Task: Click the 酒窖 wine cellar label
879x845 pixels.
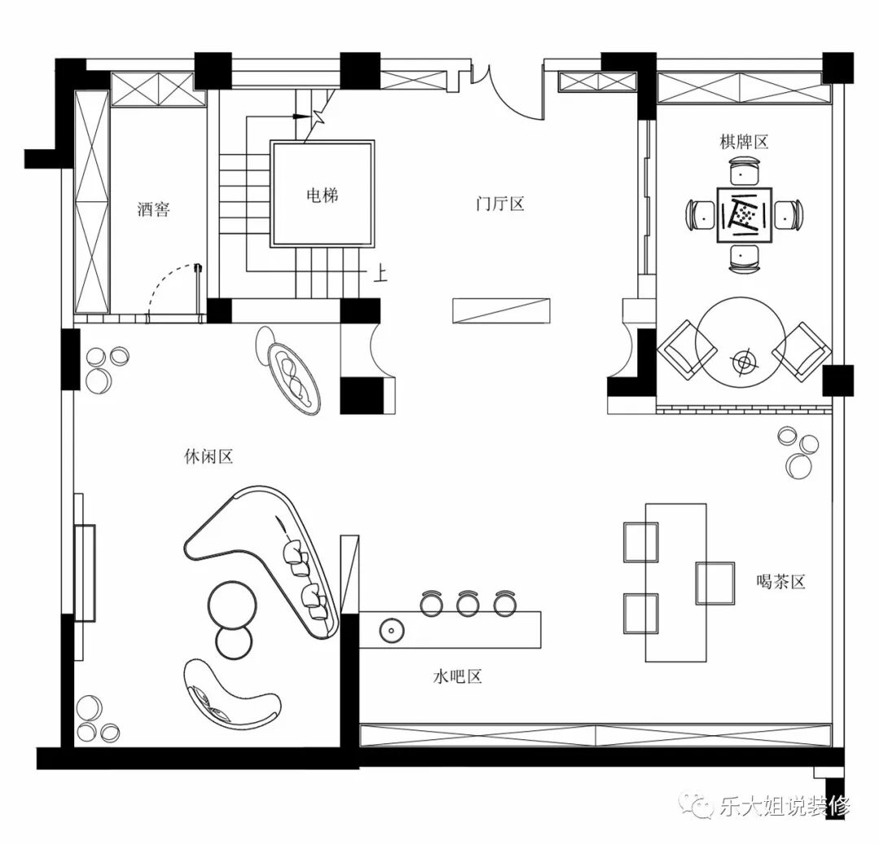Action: (x=153, y=210)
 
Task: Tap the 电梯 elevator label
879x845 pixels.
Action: (x=322, y=195)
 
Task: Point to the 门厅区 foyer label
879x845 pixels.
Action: (x=500, y=204)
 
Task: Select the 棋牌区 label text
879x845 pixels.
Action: (x=744, y=142)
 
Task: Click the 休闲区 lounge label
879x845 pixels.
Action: (x=208, y=457)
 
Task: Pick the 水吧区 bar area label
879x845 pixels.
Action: (x=457, y=676)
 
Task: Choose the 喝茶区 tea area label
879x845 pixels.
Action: (x=781, y=581)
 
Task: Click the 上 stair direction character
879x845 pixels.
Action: (x=380, y=273)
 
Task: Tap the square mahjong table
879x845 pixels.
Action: (x=745, y=215)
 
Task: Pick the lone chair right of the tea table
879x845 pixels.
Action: (x=715, y=583)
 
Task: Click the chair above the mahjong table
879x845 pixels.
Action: (x=745, y=172)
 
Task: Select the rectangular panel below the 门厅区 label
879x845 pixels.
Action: (x=501, y=311)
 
